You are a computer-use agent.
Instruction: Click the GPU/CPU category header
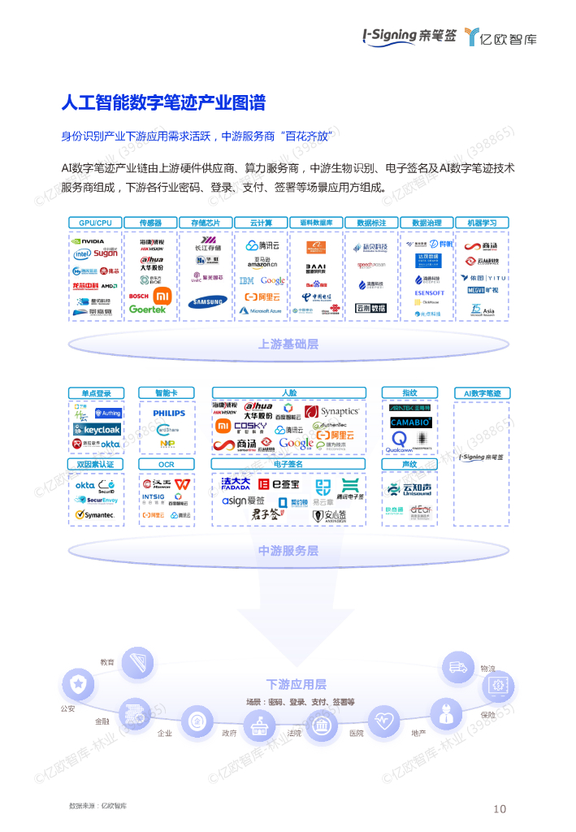(96, 223)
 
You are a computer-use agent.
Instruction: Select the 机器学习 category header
(482, 223)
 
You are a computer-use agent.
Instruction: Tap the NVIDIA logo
(89, 241)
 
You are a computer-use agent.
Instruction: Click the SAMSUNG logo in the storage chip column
(207, 302)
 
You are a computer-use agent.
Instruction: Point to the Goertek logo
(147, 310)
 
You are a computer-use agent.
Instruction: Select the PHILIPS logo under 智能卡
(169, 413)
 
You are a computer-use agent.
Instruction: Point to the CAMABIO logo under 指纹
(410, 422)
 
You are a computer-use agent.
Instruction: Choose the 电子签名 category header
(288, 464)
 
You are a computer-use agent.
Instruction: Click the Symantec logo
(95, 514)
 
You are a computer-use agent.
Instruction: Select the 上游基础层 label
(288, 344)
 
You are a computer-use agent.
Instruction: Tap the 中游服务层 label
(288, 550)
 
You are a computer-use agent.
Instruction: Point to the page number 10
(500, 808)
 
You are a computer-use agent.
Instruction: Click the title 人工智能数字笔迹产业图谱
(163, 103)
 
